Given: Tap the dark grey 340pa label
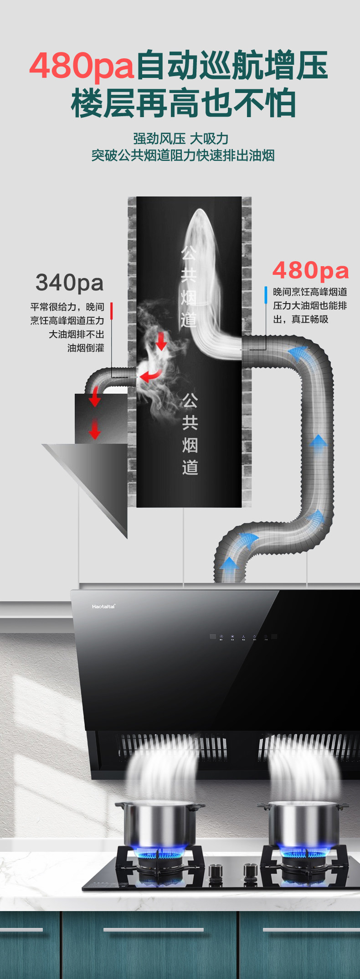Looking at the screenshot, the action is [70, 283].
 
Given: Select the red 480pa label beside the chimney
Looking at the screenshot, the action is [310, 270].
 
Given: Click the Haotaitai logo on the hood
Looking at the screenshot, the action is [103, 606].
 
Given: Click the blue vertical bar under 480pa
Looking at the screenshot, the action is [266, 295].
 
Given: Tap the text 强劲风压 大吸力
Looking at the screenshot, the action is [180, 139].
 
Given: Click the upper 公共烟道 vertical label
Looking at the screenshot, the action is [188, 287].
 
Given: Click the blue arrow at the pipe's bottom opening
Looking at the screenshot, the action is [229, 565].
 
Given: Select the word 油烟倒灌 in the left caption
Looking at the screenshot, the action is [86, 348].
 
